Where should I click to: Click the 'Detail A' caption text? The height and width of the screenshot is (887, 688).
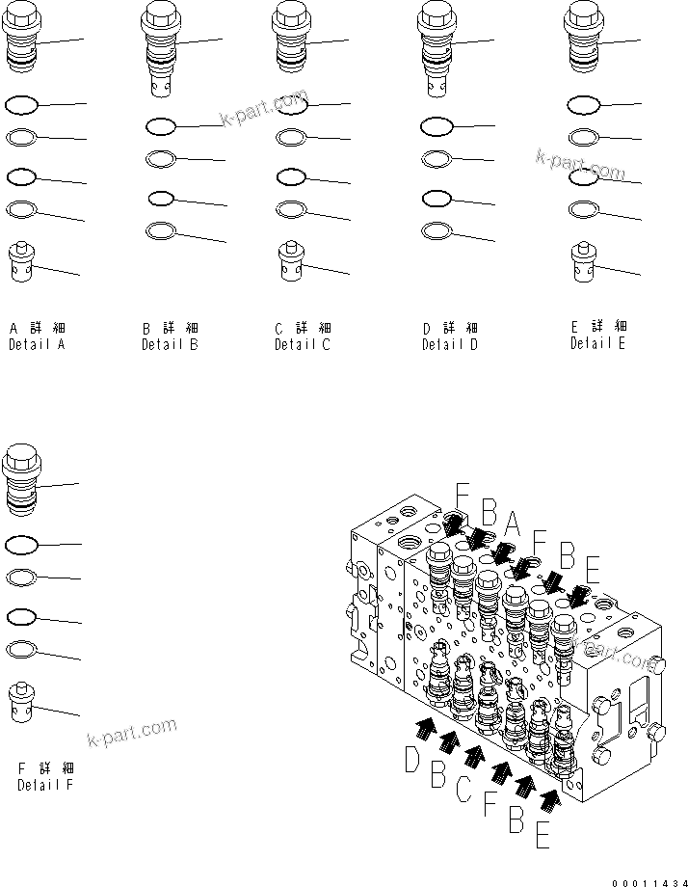pos(37,344)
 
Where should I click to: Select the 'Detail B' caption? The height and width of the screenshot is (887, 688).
pos(170,344)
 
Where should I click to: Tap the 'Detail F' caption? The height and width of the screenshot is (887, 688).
pos(45,785)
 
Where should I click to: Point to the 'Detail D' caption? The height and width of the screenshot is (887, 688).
pos(449,344)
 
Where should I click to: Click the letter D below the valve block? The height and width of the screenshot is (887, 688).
pos(412,761)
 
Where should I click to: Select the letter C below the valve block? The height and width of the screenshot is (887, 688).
pos(463,790)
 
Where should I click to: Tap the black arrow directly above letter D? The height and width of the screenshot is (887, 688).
pos(424,728)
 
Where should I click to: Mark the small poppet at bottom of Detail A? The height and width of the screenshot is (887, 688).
pos(22,262)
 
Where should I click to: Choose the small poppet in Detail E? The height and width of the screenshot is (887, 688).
pos(583,261)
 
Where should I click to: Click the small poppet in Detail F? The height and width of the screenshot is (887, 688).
pos(22,701)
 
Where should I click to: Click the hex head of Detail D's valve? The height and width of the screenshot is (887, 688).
pos(436,16)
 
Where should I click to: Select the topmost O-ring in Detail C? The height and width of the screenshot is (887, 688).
pos(293,103)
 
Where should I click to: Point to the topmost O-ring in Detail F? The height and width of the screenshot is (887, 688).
pos(21,545)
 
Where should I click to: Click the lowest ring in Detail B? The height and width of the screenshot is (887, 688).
pos(161,230)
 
